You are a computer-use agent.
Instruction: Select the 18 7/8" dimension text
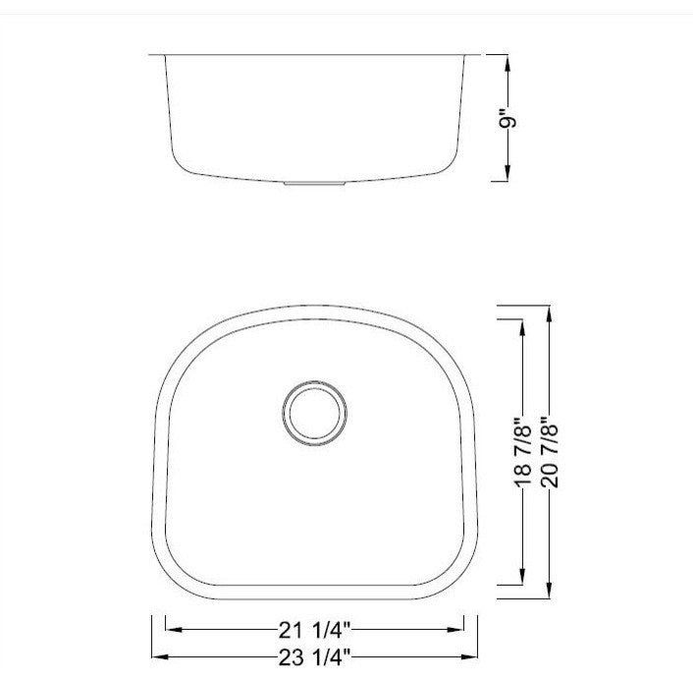[523, 451]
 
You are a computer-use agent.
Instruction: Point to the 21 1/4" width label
[314, 630]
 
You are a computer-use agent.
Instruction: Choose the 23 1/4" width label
[314, 657]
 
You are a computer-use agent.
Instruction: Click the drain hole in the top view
[315, 413]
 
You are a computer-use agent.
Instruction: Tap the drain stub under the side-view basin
[314, 183]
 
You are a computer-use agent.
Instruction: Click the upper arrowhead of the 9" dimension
[507, 63]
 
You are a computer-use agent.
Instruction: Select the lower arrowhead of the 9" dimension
[507, 173]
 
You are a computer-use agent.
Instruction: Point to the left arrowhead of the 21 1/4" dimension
[174, 629]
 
